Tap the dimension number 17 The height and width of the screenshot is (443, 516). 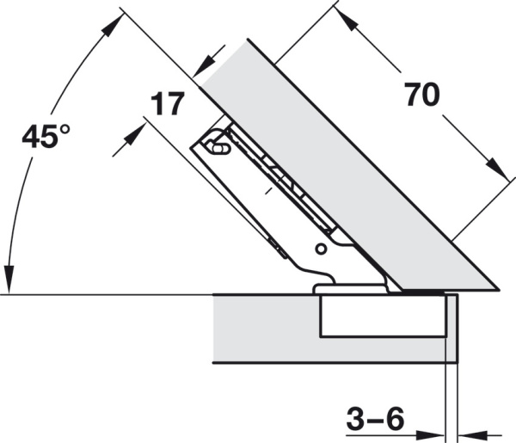pos(167,104)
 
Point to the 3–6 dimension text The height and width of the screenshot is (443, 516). pos(375,420)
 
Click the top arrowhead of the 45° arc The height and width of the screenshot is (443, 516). pos(109,26)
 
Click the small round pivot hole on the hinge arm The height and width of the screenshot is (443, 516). pos(320,249)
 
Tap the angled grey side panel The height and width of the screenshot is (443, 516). pos(344,163)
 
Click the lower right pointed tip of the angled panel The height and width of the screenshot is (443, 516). pos(498,288)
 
